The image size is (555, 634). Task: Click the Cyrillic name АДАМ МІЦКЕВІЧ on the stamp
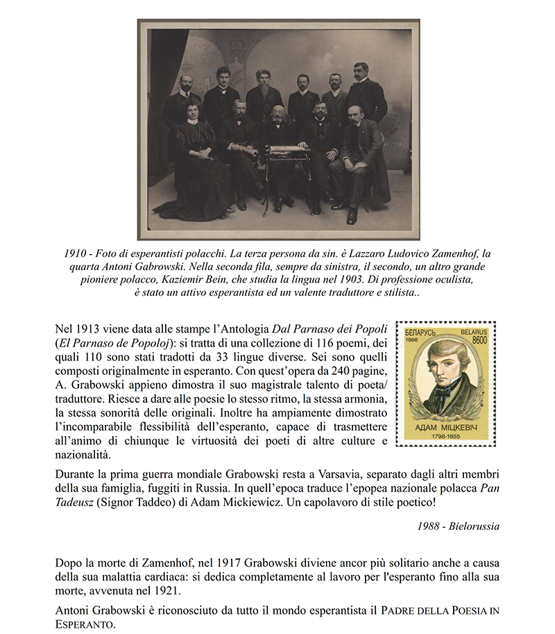445,428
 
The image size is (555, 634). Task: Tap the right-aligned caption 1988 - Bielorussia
458,526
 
